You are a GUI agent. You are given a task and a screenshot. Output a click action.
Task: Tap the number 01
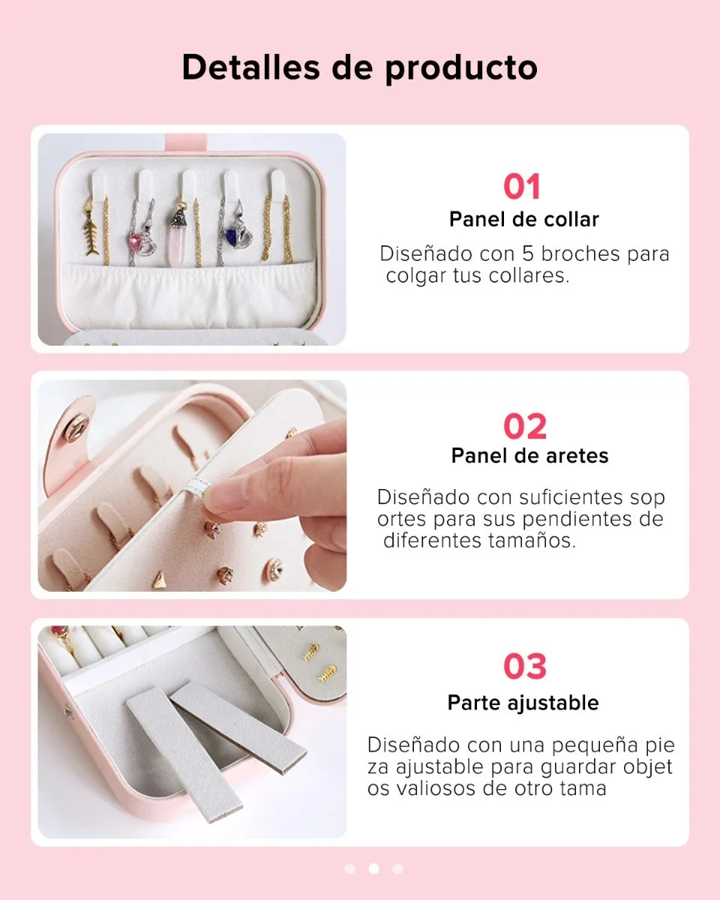[522, 187]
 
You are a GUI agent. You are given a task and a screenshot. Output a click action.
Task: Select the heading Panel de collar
[523, 220]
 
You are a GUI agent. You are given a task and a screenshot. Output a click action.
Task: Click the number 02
[525, 427]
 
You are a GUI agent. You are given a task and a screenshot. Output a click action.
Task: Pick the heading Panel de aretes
[529, 455]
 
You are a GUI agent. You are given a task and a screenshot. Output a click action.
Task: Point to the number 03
[525, 666]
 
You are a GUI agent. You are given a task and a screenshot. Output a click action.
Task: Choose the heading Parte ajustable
[523, 703]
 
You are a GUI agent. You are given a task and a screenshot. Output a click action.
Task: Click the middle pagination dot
[373, 868]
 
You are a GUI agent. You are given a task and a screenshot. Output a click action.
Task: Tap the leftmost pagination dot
[349, 868]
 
